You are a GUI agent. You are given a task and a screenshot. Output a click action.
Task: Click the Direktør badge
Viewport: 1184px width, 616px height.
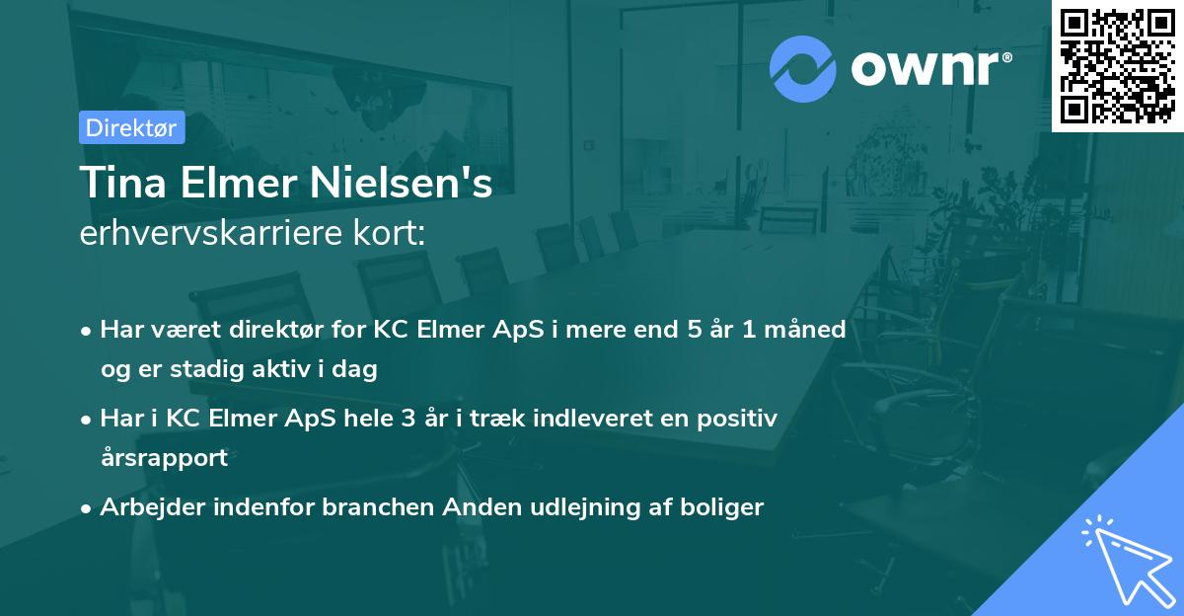(131, 127)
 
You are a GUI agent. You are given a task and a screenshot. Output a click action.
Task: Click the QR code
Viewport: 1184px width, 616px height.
(1118, 65)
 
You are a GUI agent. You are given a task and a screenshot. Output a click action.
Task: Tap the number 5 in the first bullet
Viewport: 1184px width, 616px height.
(696, 330)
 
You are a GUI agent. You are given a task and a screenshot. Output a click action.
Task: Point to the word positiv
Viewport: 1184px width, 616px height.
(732, 419)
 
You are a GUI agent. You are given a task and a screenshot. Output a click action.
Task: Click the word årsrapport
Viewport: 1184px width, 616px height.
(164, 458)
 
